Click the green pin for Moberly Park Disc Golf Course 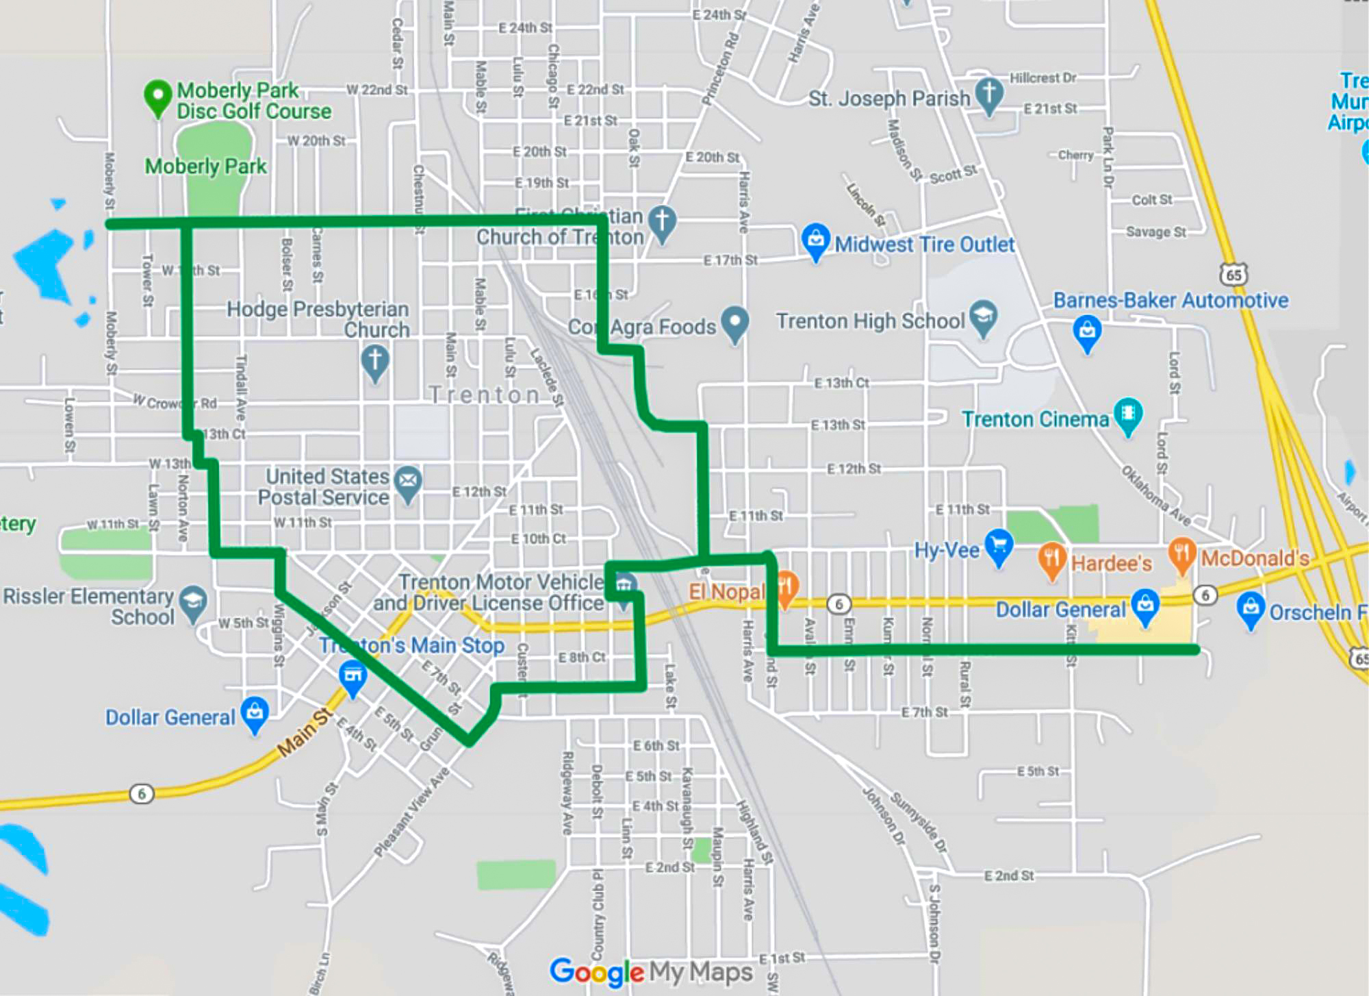pyautogui.click(x=157, y=96)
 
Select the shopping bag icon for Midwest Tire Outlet pyautogui.click(x=815, y=240)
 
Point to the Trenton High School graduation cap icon pyautogui.click(x=984, y=316)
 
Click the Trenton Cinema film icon pyautogui.click(x=1128, y=414)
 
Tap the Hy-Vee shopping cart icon pyautogui.click(x=999, y=546)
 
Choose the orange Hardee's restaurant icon pyautogui.click(x=1052, y=558)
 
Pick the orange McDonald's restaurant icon pyautogui.click(x=1182, y=553)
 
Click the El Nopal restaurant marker pyautogui.click(x=786, y=587)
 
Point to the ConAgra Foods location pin pyautogui.click(x=734, y=321)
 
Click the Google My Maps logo pyautogui.click(x=651, y=971)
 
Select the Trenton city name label pyautogui.click(x=485, y=395)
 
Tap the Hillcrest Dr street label pyautogui.click(x=1042, y=78)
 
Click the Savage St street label pyautogui.click(x=1155, y=232)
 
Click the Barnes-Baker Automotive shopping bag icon pyautogui.click(x=1087, y=332)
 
